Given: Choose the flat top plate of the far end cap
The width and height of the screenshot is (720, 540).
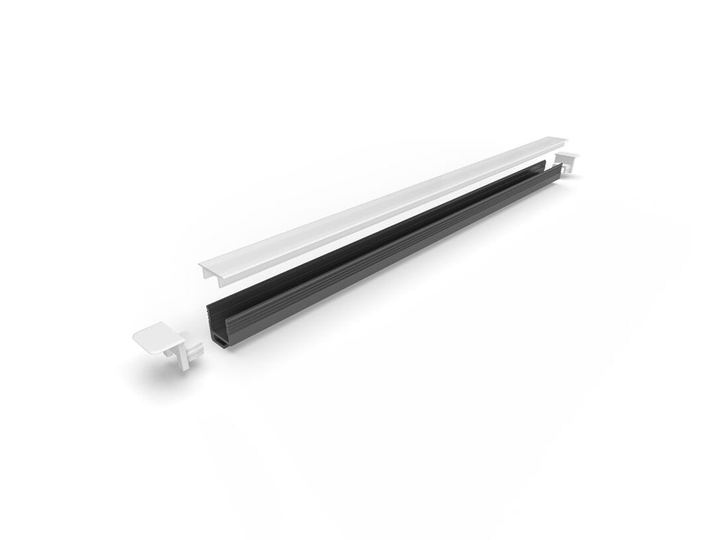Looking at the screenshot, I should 568,156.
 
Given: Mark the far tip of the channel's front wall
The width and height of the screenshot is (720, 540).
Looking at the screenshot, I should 560,170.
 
